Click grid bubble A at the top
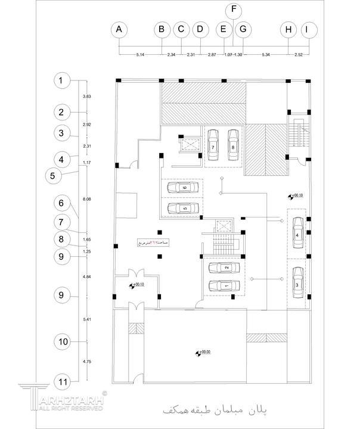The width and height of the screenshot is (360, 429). click(120, 29)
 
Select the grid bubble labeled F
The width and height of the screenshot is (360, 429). click(234, 10)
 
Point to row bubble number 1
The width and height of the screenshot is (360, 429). click(61, 80)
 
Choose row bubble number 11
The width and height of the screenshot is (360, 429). click(61, 381)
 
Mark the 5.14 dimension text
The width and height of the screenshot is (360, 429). click(141, 55)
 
